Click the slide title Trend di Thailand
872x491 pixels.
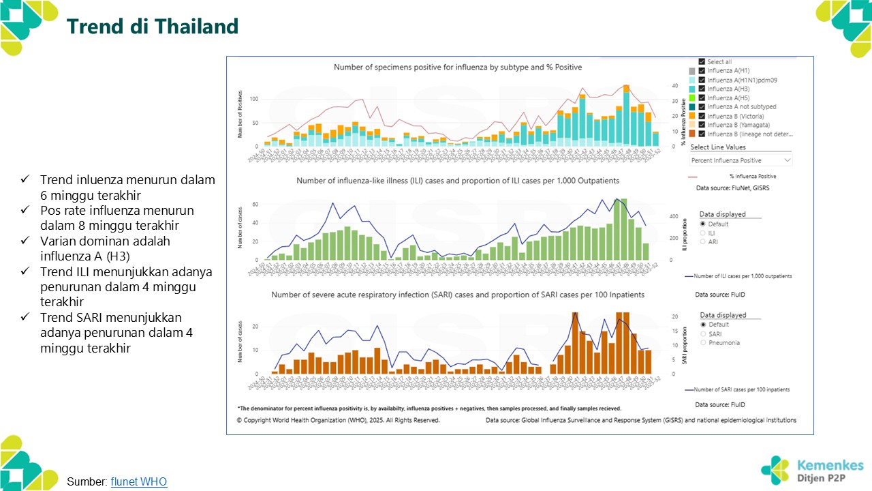(152, 27)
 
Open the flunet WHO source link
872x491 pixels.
(138, 481)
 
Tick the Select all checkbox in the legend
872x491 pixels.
(702, 62)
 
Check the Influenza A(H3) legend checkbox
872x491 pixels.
(702, 89)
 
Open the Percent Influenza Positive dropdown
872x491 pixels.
(741, 160)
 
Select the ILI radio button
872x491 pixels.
(703, 233)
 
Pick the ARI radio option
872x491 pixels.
(703, 242)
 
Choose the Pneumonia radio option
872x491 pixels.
(703, 343)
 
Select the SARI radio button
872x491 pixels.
(703, 334)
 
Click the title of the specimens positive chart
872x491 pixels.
(457, 68)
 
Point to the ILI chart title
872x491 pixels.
(457, 181)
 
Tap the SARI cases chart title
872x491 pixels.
(457, 295)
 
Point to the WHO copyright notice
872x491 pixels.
(338, 420)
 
